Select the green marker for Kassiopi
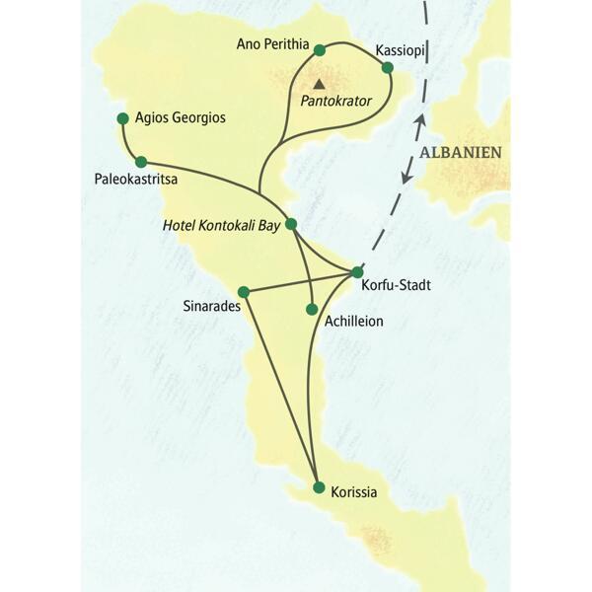tap(388, 67)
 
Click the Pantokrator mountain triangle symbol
tap(318, 83)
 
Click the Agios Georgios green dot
tap(122, 118)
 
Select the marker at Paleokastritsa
tap(141, 162)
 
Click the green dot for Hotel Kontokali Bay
tap(290, 224)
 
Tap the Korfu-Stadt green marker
tap(357, 272)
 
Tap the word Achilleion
tap(353, 321)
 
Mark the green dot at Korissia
tap(318, 487)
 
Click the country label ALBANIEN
tap(460, 152)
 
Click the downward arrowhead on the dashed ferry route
tap(406, 176)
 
